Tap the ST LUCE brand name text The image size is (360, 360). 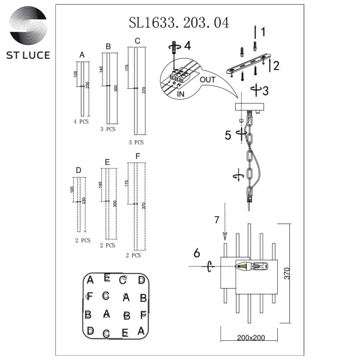29,55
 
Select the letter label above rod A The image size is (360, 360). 82,55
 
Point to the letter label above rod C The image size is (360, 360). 137,41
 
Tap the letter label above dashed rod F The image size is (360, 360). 137,156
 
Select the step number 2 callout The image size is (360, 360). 276,66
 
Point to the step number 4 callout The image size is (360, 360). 187,46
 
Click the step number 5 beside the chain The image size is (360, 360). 227,135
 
